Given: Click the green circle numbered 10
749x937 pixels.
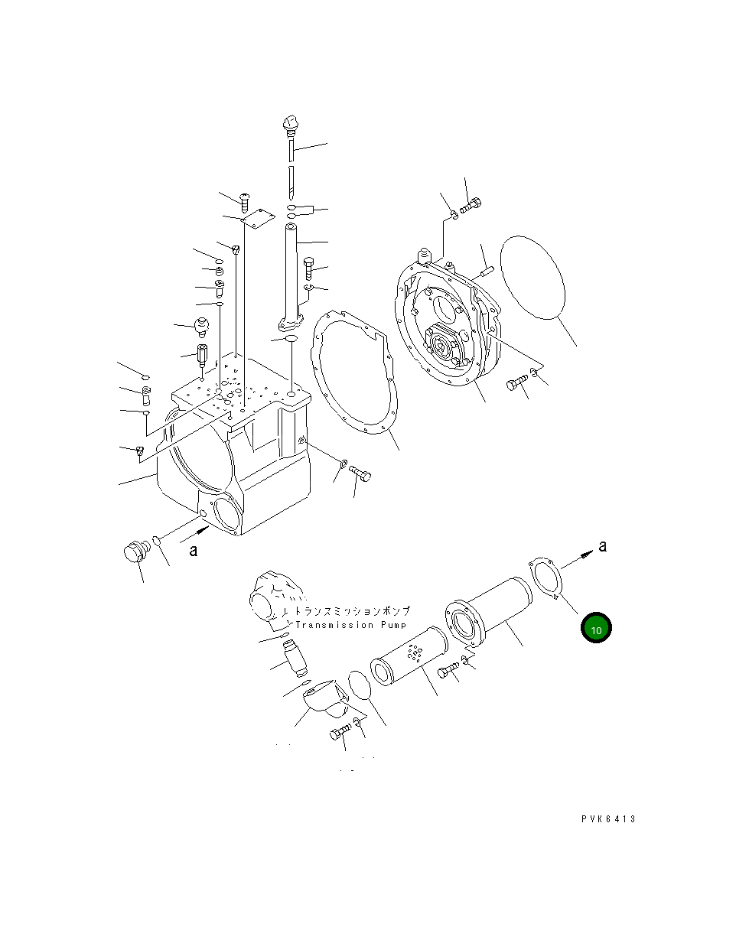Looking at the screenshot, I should [x=596, y=629].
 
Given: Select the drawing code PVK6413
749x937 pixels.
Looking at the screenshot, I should [x=607, y=819].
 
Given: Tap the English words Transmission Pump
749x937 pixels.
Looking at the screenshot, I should [x=345, y=625].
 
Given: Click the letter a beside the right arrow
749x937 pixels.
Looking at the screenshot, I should [x=602, y=546].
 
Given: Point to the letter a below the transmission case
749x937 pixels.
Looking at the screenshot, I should [x=194, y=550].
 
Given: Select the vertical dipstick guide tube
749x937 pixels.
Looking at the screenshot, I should [x=294, y=274].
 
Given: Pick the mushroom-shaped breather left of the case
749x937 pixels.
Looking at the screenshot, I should [x=202, y=327].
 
